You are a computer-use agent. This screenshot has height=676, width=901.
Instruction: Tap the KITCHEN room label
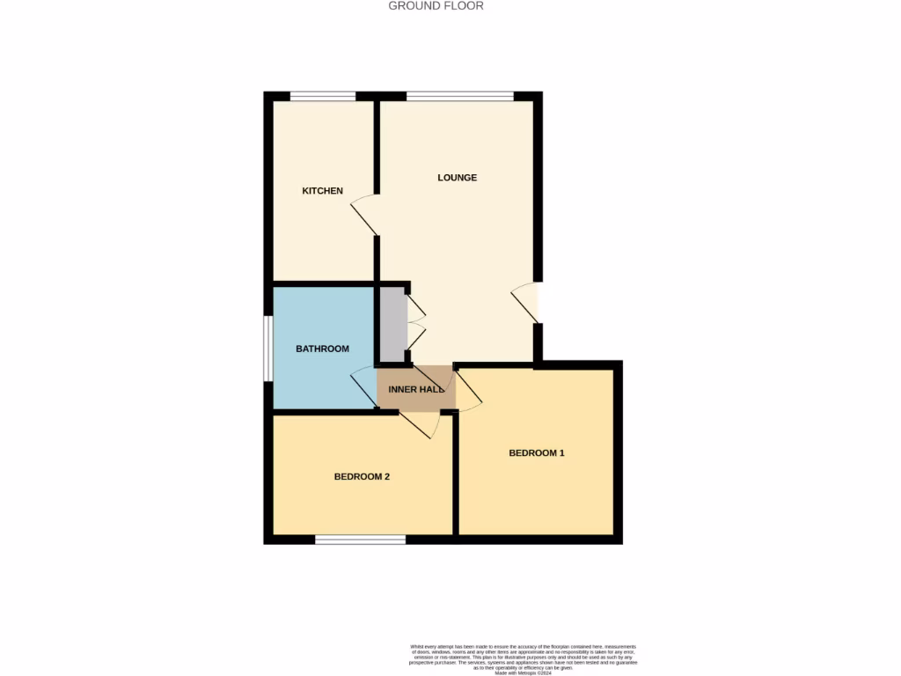(x=322, y=191)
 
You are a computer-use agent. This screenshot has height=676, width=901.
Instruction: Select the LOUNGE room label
(x=458, y=178)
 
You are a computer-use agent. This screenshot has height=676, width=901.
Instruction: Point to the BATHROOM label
(x=322, y=349)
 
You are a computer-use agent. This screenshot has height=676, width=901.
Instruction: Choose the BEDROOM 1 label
(x=537, y=453)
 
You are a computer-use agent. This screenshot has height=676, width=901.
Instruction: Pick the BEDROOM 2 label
(x=362, y=477)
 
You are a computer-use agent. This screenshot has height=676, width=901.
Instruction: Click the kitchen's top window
(x=323, y=96)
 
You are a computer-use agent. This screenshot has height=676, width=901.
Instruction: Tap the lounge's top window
(x=459, y=96)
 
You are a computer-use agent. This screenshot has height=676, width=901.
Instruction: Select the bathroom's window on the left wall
(x=267, y=348)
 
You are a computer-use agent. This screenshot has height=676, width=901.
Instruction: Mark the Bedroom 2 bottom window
(x=361, y=539)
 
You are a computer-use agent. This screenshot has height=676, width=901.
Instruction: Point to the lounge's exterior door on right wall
(x=527, y=303)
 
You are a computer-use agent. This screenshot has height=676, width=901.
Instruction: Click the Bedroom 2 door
(x=421, y=423)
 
